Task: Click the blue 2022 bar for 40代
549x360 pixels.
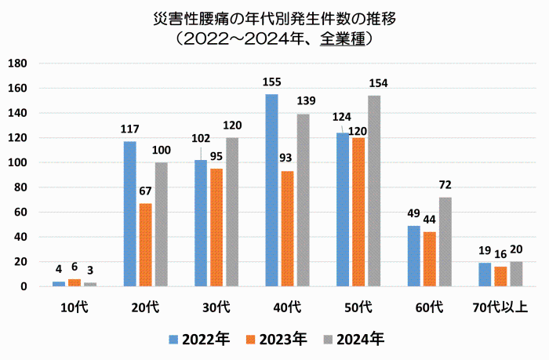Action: click(x=271, y=190)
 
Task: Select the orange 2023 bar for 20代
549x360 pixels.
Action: click(x=146, y=245)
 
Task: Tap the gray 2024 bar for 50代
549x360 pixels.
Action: click(x=374, y=191)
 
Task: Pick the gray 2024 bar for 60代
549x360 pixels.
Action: click(x=445, y=242)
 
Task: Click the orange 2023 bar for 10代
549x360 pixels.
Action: click(x=75, y=282)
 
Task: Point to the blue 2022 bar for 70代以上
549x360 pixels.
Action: click(x=485, y=275)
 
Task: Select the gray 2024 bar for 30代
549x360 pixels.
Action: click(x=232, y=213)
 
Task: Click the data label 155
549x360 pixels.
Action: click(x=271, y=82)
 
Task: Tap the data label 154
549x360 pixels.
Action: click(x=378, y=83)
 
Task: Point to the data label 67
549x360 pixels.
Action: click(x=145, y=191)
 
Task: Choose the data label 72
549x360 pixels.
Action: click(x=445, y=185)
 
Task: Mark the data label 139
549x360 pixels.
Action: click(x=306, y=101)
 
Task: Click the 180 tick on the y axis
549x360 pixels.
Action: click(x=17, y=64)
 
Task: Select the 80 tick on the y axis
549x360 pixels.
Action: click(x=20, y=187)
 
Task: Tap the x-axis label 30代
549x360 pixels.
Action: click(x=216, y=307)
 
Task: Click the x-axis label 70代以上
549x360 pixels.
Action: click(x=500, y=307)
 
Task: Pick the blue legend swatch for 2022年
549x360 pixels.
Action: click(x=173, y=340)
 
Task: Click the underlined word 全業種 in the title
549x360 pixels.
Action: click(x=343, y=39)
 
